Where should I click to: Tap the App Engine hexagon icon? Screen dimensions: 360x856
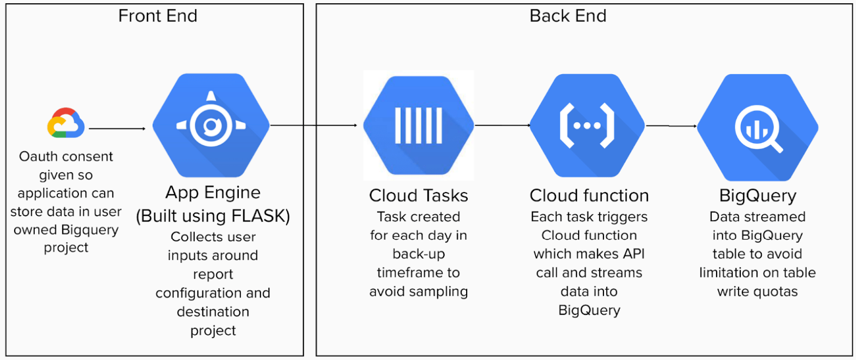[x=211, y=125]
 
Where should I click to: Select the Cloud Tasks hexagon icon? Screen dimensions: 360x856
[x=419, y=125]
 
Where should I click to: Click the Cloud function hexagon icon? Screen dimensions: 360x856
[x=587, y=125]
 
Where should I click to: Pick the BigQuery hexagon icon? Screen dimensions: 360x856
[x=758, y=127]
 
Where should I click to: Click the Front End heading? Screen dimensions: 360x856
[x=157, y=16]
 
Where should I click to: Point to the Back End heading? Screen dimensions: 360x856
[x=568, y=16]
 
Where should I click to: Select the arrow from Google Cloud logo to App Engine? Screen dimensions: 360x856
[x=117, y=128]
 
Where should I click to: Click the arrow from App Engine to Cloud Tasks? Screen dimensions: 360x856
[x=314, y=125]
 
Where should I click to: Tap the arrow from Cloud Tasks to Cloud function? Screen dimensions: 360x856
[x=502, y=125]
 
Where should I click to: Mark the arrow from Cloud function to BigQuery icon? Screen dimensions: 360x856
[x=671, y=126]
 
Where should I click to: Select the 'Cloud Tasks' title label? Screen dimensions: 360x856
[x=418, y=196]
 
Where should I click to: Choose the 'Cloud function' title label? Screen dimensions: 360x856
[x=589, y=196]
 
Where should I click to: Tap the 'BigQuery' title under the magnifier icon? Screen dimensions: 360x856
[x=758, y=196]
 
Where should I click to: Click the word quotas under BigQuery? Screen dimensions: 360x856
[x=777, y=292]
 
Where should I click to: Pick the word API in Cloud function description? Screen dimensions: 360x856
[x=633, y=254]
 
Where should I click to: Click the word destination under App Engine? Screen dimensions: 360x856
[x=213, y=312]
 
